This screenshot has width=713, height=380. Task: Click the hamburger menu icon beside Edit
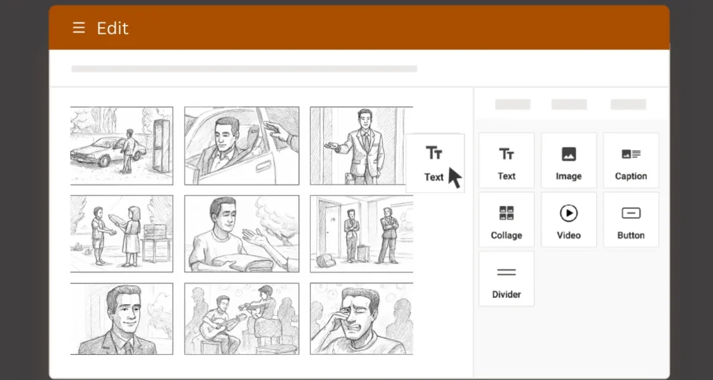[x=79, y=29]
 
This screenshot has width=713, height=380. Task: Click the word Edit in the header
[x=113, y=29]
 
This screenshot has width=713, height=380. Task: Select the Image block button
[x=568, y=161]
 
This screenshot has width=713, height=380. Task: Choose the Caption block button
[x=631, y=161]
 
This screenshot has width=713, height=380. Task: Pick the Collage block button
[x=506, y=220]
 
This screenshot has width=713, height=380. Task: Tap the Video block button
[x=568, y=220]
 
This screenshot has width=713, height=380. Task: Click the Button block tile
[x=631, y=220]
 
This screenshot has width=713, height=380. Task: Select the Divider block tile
[x=506, y=279]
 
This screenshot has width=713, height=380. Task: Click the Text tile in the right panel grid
[x=506, y=161]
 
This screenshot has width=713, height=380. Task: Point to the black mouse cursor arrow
[x=454, y=177]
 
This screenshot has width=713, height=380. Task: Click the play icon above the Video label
[x=568, y=213]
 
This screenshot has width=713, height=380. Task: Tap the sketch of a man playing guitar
[x=241, y=319]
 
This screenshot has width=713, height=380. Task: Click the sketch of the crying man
[x=361, y=319]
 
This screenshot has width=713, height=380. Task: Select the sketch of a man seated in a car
[x=241, y=145]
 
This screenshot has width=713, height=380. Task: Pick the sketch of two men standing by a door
[x=361, y=233]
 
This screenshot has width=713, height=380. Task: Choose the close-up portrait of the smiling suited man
[x=121, y=319]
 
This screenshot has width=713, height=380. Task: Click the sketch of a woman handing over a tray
[x=121, y=233]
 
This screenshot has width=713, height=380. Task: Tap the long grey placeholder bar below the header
[x=244, y=69]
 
